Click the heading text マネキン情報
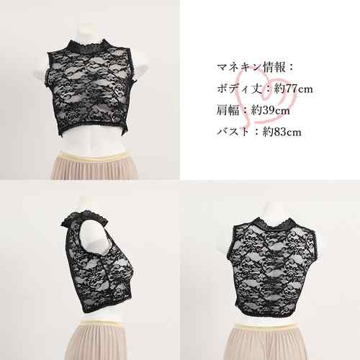(x=251, y=67)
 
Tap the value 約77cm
(x=294, y=89)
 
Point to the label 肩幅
(x=228, y=110)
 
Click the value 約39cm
(x=271, y=111)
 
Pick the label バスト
(x=233, y=132)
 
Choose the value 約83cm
(x=282, y=132)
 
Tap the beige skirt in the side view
(x=96, y=342)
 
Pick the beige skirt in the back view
(x=267, y=343)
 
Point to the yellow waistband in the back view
(x=266, y=325)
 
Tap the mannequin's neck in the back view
(x=274, y=210)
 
